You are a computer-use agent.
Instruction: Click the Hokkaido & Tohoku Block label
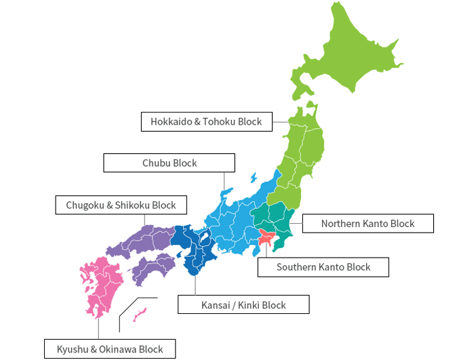point(206,121)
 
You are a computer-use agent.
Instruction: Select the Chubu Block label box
point(169,163)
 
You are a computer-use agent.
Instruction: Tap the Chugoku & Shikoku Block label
point(121,205)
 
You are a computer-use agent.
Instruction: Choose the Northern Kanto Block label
point(367,223)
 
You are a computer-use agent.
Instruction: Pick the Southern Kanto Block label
point(323,267)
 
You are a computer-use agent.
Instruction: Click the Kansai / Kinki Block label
point(243,305)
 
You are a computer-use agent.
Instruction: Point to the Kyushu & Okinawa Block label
point(110,349)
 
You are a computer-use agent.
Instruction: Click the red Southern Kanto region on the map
point(265,238)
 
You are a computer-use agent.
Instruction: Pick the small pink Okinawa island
point(140,314)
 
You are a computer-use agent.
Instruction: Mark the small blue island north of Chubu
point(254,178)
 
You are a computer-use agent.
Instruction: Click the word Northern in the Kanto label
point(342,223)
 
